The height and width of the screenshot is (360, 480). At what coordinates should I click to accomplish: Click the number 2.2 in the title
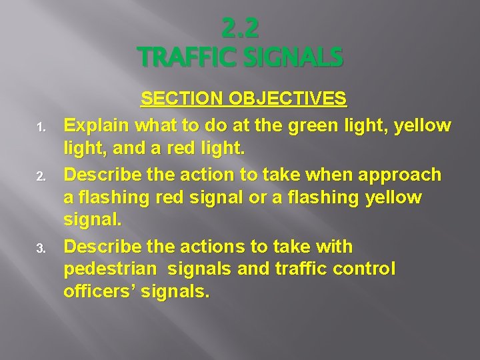[x=240, y=29]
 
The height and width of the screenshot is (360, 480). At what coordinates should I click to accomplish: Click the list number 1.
[x=40, y=127]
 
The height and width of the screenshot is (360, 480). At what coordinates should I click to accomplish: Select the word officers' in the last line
[x=99, y=291]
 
